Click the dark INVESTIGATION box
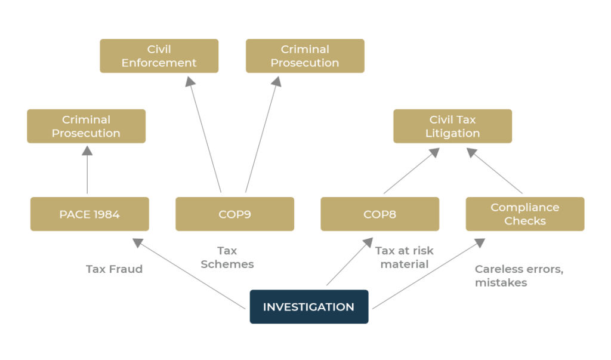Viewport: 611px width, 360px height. tap(308, 307)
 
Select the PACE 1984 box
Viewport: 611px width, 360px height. tap(90, 214)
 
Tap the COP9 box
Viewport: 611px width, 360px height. tap(234, 214)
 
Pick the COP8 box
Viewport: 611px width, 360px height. tap(379, 214)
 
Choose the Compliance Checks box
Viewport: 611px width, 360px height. tap(524, 214)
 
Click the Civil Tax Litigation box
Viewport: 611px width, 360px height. tap(452, 126)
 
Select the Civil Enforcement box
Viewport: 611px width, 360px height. tap(159, 56)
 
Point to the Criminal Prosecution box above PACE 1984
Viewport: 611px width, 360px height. tap(86, 126)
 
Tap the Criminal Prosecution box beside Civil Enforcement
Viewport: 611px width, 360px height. tap(305, 56)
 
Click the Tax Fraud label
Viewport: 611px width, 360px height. tap(114, 269)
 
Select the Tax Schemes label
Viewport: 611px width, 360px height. tap(227, 257)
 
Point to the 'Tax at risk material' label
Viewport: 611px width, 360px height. tap(404, 257)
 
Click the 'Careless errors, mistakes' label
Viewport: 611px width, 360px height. tap(519, 276)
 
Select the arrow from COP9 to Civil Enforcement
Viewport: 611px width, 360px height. tap(205, 137)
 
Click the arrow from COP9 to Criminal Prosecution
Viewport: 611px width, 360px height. tap(261, 137)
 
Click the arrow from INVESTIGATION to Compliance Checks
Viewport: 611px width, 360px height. tap(427, 275)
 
